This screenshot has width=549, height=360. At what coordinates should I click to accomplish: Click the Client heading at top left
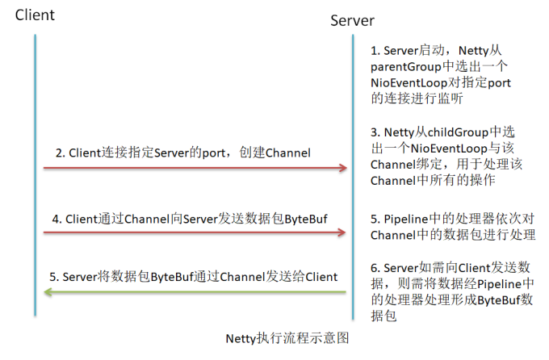tap(35, 15)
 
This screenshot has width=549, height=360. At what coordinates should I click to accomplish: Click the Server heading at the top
tap(352, 20)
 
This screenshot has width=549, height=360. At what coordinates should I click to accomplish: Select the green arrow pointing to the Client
tap(194, 293)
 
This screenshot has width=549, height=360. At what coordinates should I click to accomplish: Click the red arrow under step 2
tap(194, 168)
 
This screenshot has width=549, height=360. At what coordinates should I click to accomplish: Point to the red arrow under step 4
tap(194, 232)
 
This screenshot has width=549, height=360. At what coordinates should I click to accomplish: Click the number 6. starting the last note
tap(376, 268)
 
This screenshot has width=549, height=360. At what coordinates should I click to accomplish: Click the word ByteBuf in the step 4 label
tap(306, 217)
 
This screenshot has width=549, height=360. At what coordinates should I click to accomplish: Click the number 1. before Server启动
tap(376, 50)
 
